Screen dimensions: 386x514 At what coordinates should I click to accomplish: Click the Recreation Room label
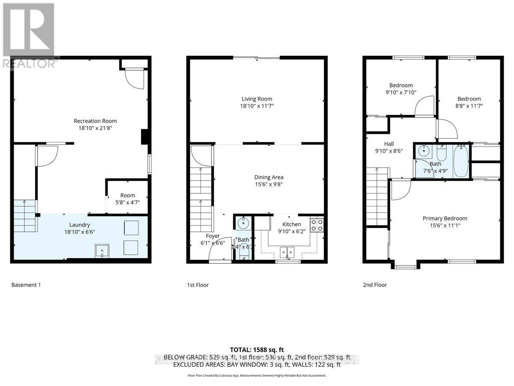pyautogui.click(x=95, y=121)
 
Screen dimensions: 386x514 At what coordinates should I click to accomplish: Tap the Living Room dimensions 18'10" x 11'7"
pyautogui.click(x=257, y=106)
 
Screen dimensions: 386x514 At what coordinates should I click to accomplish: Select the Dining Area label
pyautogui.click(x=269, y=177)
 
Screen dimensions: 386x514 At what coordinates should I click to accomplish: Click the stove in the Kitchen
pyautogui.click(x=317, y=225)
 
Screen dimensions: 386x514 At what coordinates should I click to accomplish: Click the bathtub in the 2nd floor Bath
pyautogui.click(x=461, y=161)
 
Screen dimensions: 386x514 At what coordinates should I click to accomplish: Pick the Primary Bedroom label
pyautogui.click(x=446, y=218)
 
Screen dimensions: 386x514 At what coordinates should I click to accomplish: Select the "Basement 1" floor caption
pyautogui.click(x=26, y=285)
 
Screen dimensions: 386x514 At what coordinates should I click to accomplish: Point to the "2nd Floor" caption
pyautogui.click(x=374, y=285)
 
